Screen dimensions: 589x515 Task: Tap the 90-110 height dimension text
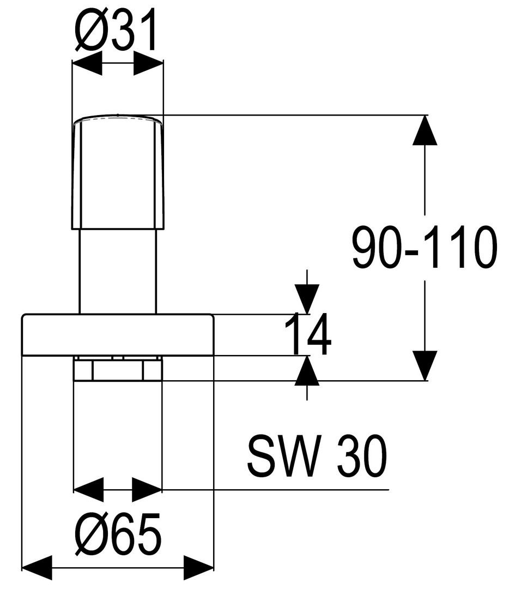[x=424, y=248]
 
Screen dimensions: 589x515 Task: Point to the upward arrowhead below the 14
[x=307, y=371]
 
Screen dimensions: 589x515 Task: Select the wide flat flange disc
[x=117, y=335]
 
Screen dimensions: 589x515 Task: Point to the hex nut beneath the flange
[x=118, y=369]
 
